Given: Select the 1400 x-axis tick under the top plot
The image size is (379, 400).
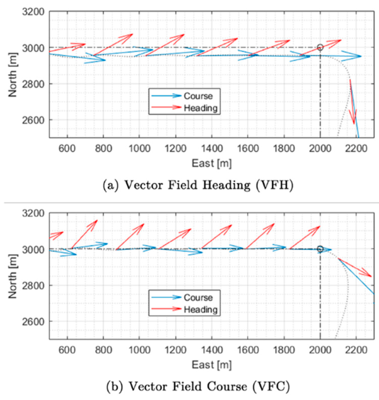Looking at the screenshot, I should tap(212, 148).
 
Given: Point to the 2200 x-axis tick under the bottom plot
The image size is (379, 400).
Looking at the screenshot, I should tap(356, 350).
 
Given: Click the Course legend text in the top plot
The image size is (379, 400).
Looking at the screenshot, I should tap(198, 96).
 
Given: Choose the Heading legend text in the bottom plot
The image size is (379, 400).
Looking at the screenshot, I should tap(201, 309).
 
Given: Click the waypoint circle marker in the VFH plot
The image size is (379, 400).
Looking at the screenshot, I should tap(320, 47).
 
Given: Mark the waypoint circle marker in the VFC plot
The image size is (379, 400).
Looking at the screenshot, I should tap(320, 249).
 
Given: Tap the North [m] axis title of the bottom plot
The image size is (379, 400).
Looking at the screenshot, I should tap(13, 277).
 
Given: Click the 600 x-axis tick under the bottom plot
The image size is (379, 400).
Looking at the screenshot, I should tap(67, 350).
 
